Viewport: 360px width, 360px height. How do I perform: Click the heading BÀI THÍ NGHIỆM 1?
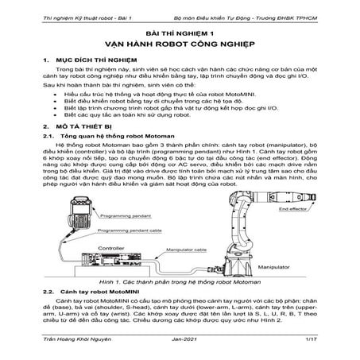pos(180,35)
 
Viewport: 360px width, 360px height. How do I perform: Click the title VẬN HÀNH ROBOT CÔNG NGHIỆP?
pos(180,46)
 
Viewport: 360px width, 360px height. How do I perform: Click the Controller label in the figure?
pos(117,247)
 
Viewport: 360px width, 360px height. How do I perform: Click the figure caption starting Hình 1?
pos(180,282)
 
